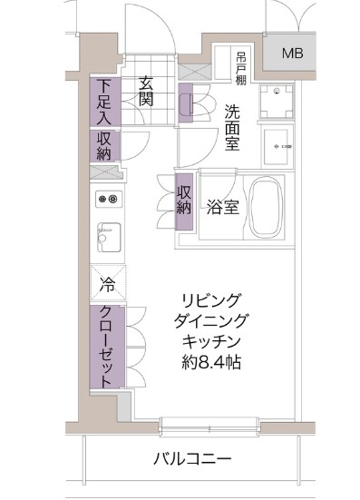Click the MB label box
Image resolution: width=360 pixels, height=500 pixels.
point(292,52)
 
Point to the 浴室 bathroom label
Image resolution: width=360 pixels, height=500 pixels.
point(221,207)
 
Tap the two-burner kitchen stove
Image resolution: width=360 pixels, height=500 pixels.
point(109,199)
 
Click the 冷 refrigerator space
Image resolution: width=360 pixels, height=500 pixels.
point(107,283)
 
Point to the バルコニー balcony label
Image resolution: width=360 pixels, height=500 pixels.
point(192,459)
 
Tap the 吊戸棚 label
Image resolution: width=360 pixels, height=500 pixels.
point(240,67)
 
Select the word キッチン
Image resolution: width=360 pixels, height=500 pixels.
point(211,342)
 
